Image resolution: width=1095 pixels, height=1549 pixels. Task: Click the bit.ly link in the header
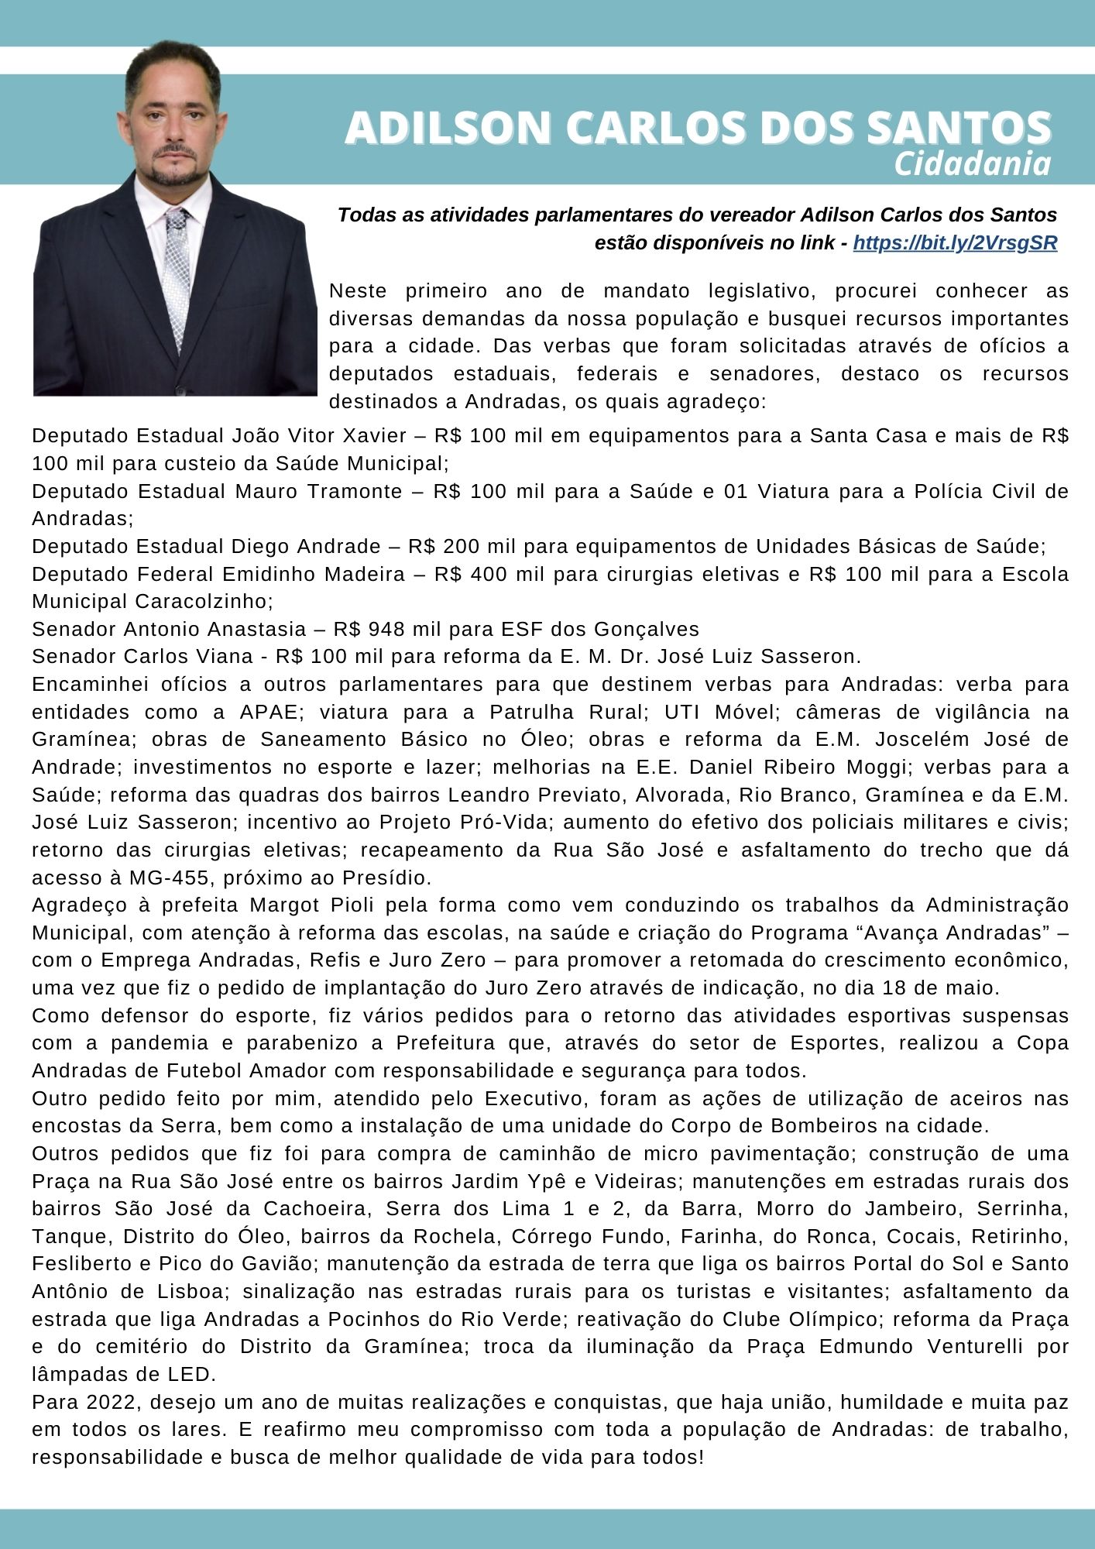[x=955, y=243]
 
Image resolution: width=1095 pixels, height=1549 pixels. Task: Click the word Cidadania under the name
[x=973, y=164]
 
